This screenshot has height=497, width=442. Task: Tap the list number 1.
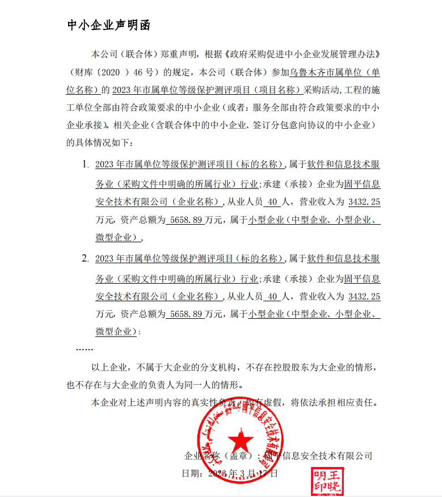coord(85,165)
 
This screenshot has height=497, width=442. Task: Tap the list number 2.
coord(85,259)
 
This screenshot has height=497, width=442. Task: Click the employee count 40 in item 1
coord(272,202)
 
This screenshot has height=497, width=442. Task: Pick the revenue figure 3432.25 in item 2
coord(364,296)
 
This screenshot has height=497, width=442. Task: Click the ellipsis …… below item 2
coord(85,348)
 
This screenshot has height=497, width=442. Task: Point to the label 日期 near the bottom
coord(190,473)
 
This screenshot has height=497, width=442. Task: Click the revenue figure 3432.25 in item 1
coord(364,202)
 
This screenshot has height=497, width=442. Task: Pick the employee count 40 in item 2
coord(272,296)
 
